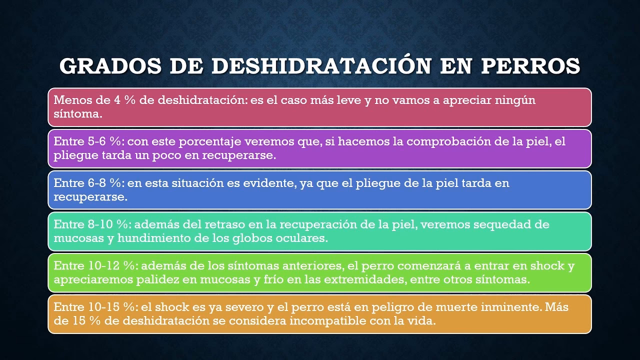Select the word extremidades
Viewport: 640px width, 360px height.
[363, 279]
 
